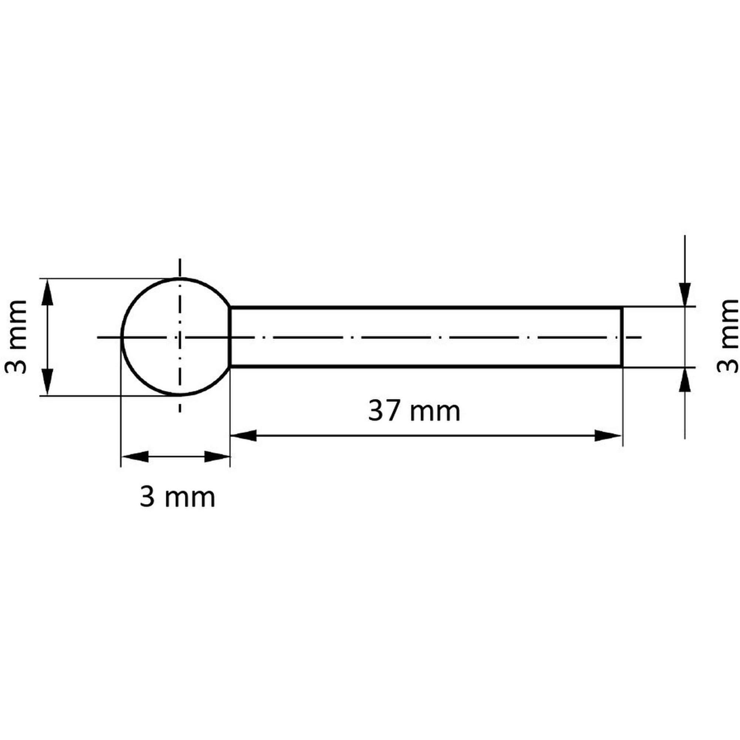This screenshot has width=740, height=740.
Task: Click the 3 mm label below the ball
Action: point(177,498)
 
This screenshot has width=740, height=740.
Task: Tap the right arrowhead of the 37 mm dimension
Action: point(608,435)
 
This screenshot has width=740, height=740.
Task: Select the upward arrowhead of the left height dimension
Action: point(47,292)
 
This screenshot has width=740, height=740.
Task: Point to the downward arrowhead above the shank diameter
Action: point(684,294)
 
